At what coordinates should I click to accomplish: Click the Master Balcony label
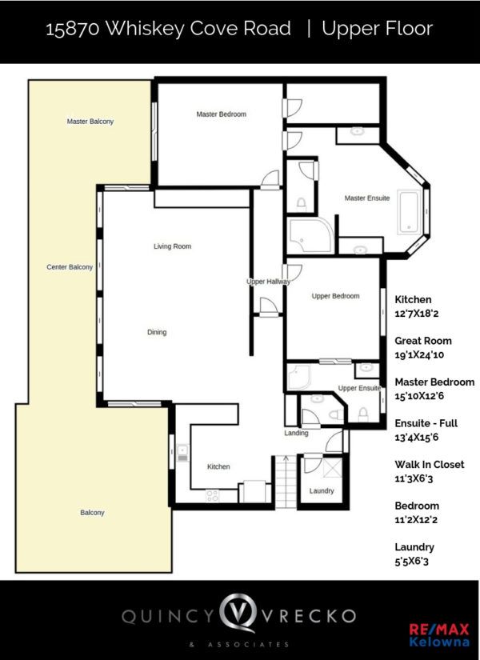90,122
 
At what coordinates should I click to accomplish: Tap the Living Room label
172,246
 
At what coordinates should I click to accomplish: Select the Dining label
157,332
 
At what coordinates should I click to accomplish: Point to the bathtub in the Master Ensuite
410,212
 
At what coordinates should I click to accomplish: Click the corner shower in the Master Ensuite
310,236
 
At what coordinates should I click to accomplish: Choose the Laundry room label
322,490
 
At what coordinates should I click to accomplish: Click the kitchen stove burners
212,495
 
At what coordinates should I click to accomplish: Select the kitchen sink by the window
182,453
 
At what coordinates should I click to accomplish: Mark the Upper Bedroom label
335,296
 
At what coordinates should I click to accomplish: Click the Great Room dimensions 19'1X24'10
419,354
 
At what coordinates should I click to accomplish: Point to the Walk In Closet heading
430,464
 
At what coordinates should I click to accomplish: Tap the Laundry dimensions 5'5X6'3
411,561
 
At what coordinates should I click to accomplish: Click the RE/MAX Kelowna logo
439,635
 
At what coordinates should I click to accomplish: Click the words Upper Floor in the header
378,29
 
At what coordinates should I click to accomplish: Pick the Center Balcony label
70,267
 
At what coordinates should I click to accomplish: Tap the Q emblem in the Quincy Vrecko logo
238,613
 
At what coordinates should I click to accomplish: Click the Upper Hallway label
268,281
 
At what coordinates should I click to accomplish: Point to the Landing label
296,433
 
